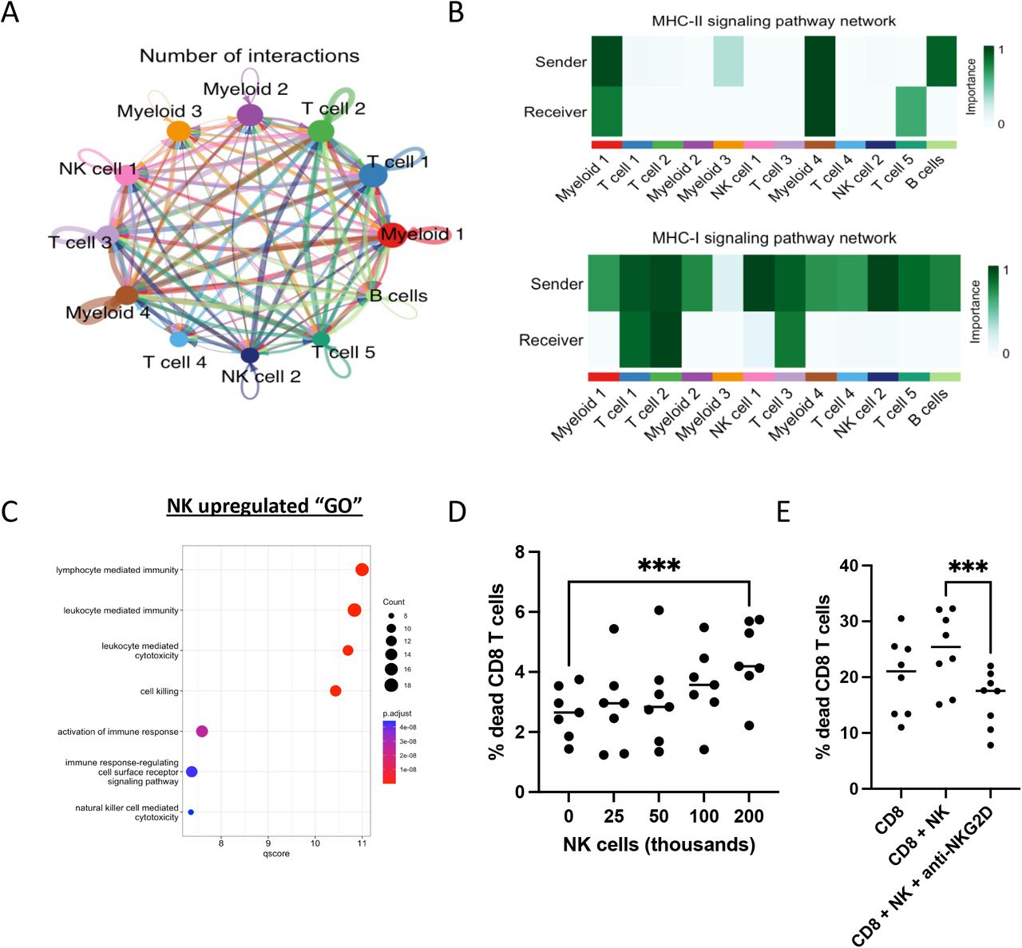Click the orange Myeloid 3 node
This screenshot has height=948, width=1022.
pyautogui.click(x=179, y=132)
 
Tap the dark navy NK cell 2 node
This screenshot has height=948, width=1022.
pyautogui.click(x=250, y=356)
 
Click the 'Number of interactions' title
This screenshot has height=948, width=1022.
pyautogui.click(x=249, y=56)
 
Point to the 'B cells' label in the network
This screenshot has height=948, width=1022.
pyautogui.click(x=398, y=296)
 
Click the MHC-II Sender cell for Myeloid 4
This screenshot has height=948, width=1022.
pyautogui.click(x=820, y=61)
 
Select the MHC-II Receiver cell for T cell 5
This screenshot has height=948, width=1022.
pyautogui.click(x=911, y=112)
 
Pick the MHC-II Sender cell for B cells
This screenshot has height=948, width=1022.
pyautogui.click(x=941, y=61)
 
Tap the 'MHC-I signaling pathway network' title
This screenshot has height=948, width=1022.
pyautogui.click(x=774, y=238)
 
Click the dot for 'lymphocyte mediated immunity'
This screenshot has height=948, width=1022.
pyautogui.click(x=362, y=570)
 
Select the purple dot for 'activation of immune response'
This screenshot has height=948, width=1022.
pyautogui.click(x=202, y=732)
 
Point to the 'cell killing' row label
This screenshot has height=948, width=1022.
pyautogui.click(x=160, y=691)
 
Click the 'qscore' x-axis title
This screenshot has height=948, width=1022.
pyautogui.click(x=276, y=854)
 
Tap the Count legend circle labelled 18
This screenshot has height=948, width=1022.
pyautogui.click(x=390, y=685)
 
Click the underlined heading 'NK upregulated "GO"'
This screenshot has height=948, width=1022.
pyautogui.click(x=264, y=507)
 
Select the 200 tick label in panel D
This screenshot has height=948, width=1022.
pyautogui.click(x=749, y=816)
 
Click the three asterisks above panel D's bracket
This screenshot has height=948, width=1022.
pyautogui.click(x=659, y=567)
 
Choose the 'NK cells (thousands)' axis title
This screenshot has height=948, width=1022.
pyautogui.click(x=659, y=844)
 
